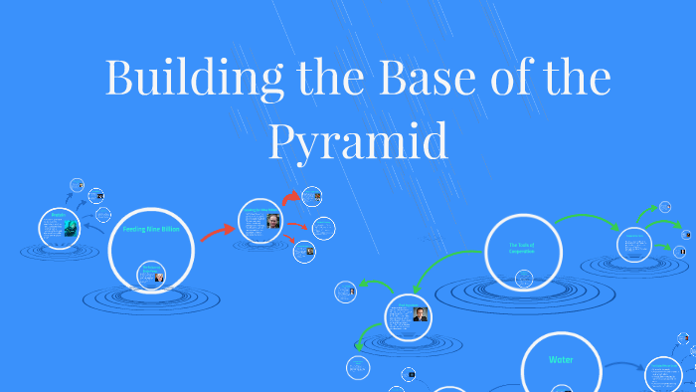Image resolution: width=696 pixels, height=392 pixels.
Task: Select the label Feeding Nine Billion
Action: coord(151,229)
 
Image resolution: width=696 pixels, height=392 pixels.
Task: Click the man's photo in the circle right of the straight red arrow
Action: coord(272,221)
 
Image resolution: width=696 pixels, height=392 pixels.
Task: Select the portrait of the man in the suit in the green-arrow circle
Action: coord(421,314)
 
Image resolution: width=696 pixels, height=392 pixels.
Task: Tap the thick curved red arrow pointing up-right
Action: coord(290,199)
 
